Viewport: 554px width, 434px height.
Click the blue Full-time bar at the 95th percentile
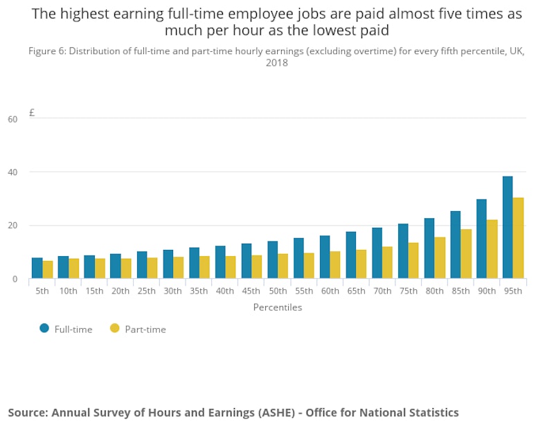click(x=508, y=228)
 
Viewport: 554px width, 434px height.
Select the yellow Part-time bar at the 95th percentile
click(x=518, y=238)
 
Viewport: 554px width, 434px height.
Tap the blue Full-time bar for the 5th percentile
click(x=37, y=268)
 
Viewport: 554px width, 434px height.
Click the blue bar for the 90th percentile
click(x=481, y=239)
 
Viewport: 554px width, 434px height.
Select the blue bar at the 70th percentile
click(x=377, y=253)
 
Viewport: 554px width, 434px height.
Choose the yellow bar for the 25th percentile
click(x=152, y=268)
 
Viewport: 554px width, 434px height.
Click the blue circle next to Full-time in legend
click(x=44, y=329)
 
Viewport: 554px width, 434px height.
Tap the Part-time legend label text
click(x=145, y=329)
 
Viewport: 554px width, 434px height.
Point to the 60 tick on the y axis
click(x=12, y=119)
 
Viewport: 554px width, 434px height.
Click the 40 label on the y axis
click(x=12, y=172)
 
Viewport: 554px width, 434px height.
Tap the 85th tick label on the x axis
click(x=461, y=291)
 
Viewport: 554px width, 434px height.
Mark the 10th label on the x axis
click(x=68, y=291)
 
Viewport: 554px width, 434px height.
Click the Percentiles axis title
click(x=277, y=307)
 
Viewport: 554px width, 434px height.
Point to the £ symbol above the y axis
click(x=32, y=112)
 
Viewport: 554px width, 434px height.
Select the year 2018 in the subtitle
click(x=276, y=63)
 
